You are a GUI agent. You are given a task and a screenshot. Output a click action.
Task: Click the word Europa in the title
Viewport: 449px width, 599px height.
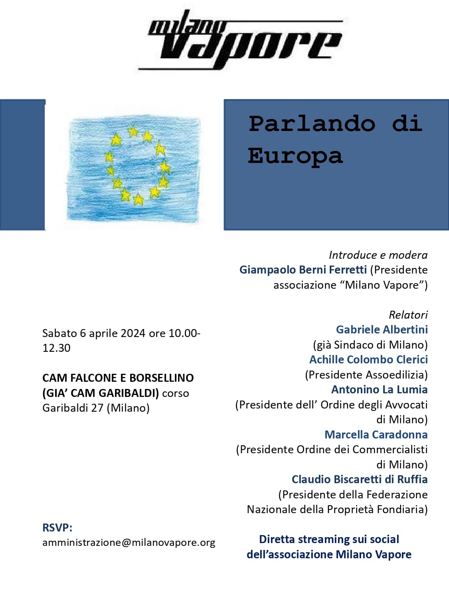[295, 156]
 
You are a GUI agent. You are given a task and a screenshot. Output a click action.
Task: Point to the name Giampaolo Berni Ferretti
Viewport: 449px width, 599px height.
[303, 270]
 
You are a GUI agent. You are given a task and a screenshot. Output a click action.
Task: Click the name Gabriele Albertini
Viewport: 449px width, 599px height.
[382, 329]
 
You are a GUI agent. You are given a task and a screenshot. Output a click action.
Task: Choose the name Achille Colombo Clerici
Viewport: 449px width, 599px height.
[368, 359]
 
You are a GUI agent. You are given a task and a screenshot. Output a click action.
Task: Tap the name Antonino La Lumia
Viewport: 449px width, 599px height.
[379, 389]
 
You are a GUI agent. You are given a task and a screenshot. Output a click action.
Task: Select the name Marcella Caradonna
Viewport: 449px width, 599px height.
[376, 434]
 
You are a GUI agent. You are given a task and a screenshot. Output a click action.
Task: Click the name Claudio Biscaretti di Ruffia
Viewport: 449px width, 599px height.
[360, 479]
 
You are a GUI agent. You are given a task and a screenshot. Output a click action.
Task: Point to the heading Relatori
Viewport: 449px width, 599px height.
[408, 315]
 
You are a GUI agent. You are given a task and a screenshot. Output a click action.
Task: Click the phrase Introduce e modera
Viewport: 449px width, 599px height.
[378, 255]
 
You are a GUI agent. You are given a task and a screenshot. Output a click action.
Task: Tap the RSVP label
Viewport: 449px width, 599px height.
[57, 528]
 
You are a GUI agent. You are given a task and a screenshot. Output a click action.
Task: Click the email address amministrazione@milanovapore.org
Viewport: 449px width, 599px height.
[129, 542]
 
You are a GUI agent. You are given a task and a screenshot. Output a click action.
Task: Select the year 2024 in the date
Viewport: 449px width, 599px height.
[133, 333]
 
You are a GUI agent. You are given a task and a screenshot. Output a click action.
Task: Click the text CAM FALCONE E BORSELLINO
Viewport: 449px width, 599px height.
[118, 378]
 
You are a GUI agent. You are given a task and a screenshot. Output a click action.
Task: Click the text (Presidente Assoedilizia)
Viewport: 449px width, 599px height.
[366, 375]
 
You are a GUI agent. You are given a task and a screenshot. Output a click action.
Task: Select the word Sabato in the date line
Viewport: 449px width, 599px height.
[59, 333]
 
